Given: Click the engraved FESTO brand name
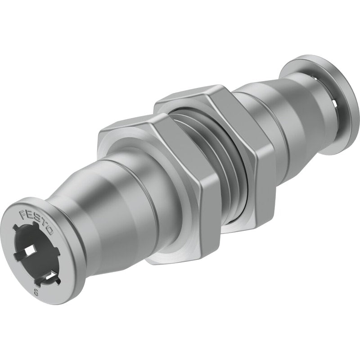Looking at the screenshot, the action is [36, 222].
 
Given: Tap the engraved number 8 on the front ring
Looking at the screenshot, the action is [36, 287].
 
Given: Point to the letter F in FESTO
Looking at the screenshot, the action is [23, 214].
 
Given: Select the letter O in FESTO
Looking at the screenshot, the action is [50, 231].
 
